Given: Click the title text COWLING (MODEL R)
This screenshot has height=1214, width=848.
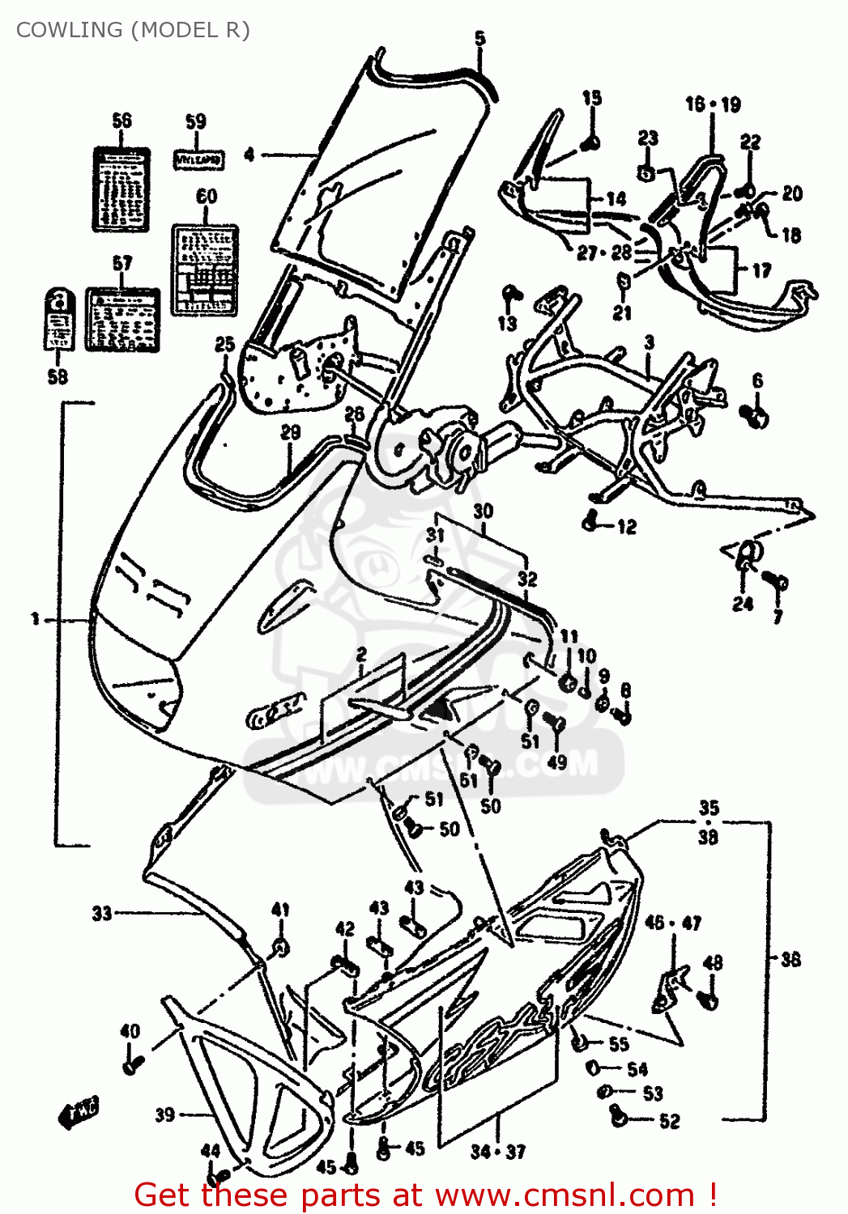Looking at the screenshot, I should [133, 30].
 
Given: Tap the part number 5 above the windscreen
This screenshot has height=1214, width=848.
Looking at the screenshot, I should [480, 38].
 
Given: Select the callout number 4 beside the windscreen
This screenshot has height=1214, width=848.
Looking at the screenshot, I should [249, 154].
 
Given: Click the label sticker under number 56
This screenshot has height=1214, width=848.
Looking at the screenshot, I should [121, 189].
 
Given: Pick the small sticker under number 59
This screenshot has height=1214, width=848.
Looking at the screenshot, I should [199, 159].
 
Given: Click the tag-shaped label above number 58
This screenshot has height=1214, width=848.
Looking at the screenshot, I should [58, 318].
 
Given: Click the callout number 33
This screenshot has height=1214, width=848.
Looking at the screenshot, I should [101, 914].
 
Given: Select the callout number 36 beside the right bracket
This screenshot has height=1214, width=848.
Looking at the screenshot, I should [790, 959].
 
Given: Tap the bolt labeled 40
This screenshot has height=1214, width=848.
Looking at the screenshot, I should [132, 1063].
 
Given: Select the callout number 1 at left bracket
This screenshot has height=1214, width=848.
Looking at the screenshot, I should [35, 619].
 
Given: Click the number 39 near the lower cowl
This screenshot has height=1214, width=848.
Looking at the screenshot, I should [164, 1114].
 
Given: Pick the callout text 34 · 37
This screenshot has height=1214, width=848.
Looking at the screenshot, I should [497, 1151].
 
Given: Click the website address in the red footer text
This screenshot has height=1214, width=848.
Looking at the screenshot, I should [565, 1195].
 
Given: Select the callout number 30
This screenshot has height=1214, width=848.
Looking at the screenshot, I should [483, 511].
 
